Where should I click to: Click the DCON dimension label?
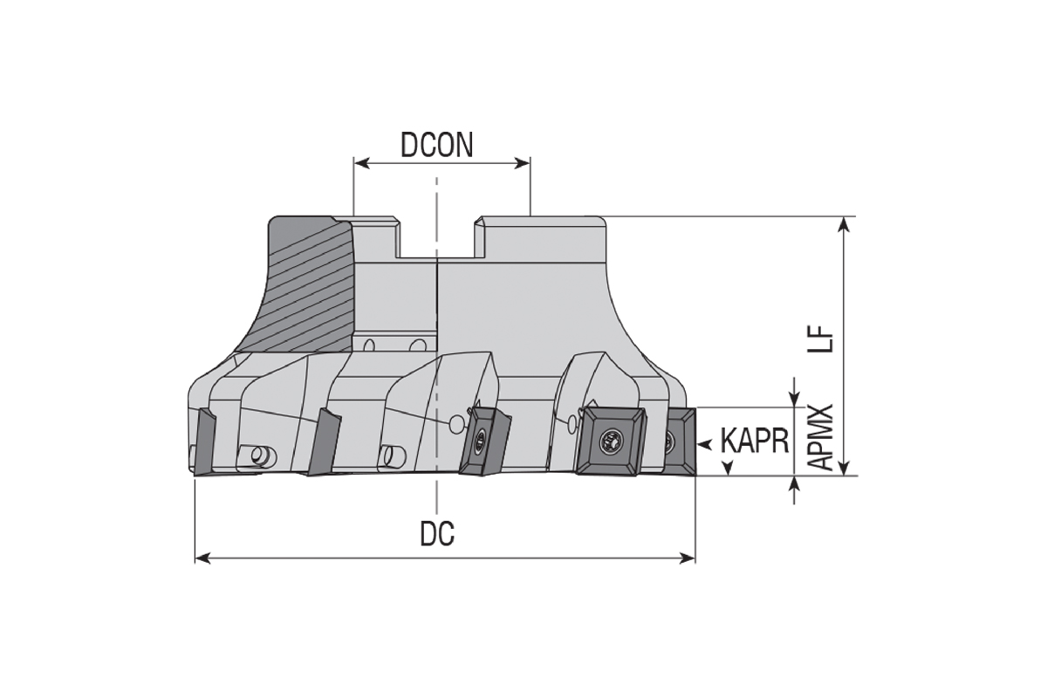[437, 145]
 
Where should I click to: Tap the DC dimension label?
[437, 534]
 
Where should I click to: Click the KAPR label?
[755, 441]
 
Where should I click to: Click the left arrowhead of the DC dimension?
[202, 558]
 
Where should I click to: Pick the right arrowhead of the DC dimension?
[688, 558]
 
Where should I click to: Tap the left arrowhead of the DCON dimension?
[362, 163]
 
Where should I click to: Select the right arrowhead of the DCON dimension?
[523, 163]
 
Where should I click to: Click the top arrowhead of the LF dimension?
[844, 224]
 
